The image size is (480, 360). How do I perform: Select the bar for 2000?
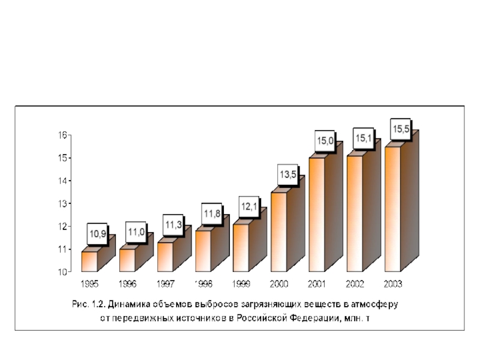pos(279,232)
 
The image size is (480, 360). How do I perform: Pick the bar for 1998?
pos(203,251)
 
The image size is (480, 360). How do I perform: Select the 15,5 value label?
pos(401,128)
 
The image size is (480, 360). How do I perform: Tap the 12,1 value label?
pos(250,206)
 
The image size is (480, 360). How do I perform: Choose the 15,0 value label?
pos(325,140)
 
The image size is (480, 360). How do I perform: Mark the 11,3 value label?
pos(174,224)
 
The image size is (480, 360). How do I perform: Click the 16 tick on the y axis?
pos(62,136)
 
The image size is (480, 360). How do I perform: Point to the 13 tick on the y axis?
pos(62,203)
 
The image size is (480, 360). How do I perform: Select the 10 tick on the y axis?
pos(62,272)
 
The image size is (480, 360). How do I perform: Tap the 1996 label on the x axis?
pos(128,283)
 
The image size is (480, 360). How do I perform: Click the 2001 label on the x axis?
pos(317,283)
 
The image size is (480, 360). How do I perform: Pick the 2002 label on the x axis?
pos(355,283)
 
